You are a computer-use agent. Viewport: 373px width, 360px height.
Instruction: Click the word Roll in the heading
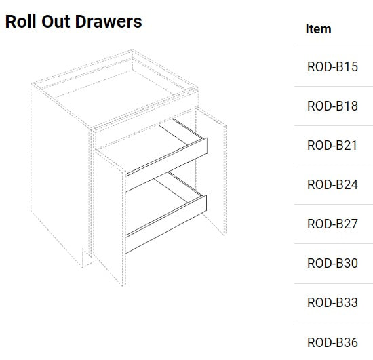tap(21, 22)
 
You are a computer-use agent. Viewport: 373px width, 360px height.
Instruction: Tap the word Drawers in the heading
tap(109, 22)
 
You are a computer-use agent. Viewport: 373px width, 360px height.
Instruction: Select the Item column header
tap(318, 28)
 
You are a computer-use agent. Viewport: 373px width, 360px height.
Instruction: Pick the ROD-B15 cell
tap(332, 66)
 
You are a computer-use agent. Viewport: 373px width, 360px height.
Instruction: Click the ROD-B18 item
tap(332, 106)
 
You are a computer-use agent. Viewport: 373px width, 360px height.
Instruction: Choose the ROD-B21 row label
tap(332, 145)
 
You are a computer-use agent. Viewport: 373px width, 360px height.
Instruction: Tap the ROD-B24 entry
tap(332, 184)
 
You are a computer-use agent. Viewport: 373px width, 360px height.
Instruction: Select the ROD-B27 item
tap(332, 224)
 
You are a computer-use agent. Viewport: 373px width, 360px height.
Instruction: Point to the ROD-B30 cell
tap(332, 263)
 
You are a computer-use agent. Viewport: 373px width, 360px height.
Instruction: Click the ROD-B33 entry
tap(332, 302)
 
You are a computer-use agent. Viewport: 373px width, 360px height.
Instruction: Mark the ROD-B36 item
tap(332, 342)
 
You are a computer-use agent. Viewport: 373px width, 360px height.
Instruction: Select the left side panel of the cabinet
tap(60, 167)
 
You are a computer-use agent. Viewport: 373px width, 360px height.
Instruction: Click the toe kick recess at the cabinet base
tap(87, 258)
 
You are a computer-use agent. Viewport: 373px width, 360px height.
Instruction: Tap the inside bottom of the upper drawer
tap(142, 147)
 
